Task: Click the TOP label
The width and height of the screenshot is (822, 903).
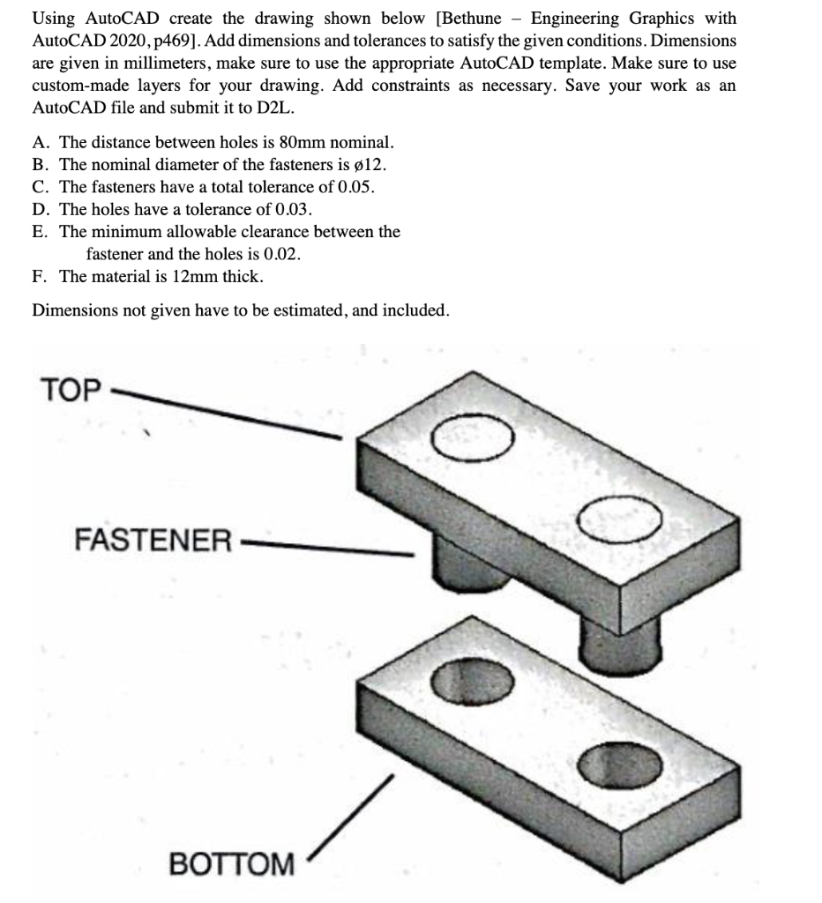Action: (x=71, y=390)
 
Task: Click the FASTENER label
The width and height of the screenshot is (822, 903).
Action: (x=153, y=539)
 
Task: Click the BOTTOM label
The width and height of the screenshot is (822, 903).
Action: (x=231, y=864)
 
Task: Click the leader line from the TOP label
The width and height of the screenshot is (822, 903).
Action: (x=220, y=411)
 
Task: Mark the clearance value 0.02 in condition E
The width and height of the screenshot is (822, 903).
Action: (x=280, y=254)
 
